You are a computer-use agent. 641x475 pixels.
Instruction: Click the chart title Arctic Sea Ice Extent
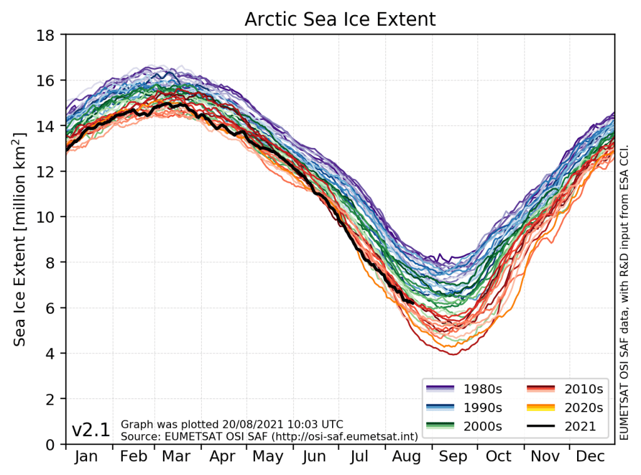point(340,19)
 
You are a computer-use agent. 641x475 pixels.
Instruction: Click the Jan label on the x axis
point(86,457)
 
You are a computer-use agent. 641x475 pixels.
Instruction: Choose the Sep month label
point(452,457)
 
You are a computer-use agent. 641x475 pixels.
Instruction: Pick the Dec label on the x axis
point(590,457)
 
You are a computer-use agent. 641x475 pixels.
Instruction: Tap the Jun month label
point(314,457)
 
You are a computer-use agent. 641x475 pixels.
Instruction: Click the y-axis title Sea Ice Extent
point(21,238)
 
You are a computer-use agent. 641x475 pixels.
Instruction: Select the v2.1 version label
point(91,430)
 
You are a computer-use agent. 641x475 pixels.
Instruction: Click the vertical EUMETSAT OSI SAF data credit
point(624,238)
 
